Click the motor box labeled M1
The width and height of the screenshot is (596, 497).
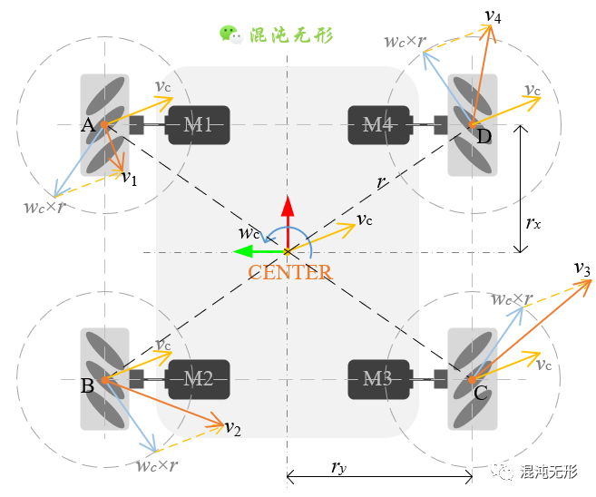click(199, 124)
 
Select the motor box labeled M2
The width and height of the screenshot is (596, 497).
click(199, 379)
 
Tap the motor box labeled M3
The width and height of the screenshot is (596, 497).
click(378, 379)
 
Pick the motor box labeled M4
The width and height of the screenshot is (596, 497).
click(378, 124)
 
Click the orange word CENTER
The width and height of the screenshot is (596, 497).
click(289, 272)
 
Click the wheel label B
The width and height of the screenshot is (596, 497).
click(88, 386)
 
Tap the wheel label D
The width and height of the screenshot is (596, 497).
click(484, 137)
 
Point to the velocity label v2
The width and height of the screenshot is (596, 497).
click(233, 428)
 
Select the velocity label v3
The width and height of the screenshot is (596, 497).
click(582, 269)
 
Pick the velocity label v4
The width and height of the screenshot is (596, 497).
click(493, 15)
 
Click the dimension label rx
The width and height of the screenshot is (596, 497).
click(533, 220)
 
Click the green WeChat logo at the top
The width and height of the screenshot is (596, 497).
click(230, 34)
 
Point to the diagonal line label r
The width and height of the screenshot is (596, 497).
click(382, 181)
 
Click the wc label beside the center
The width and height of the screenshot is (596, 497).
click(249, 232)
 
